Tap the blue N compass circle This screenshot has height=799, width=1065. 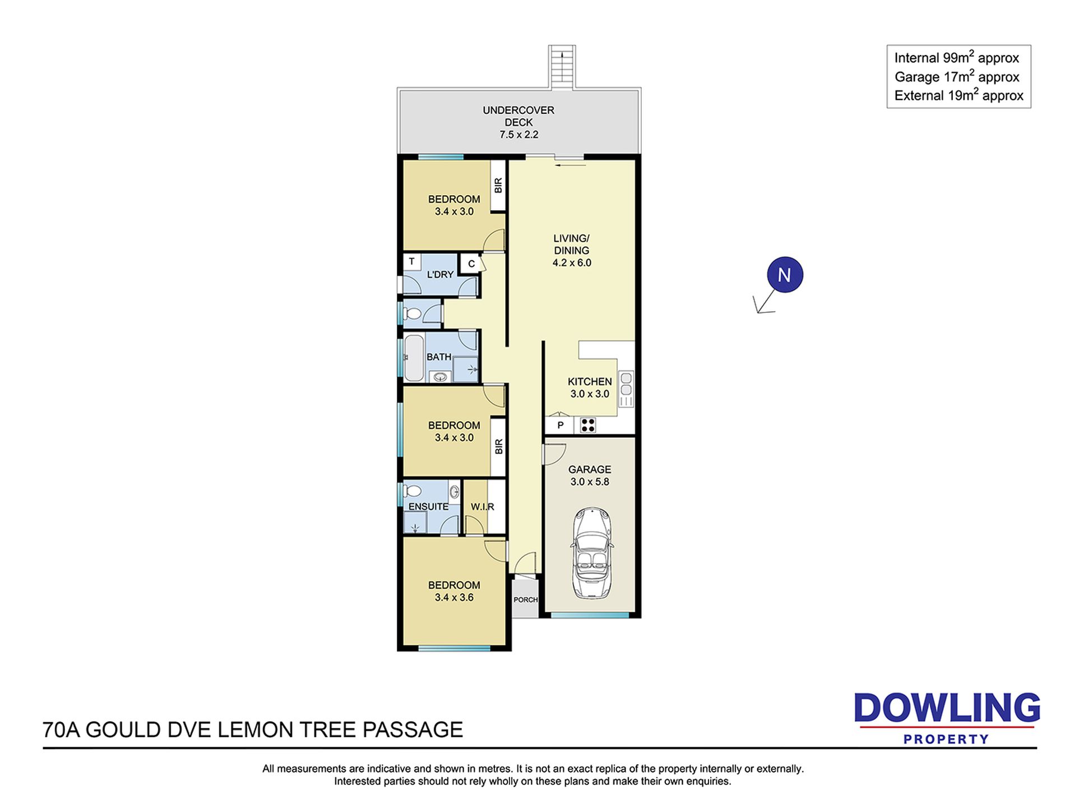point(785,275)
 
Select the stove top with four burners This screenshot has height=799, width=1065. point(588,426)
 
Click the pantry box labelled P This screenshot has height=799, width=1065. point(560,426)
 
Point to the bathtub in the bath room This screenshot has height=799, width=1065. point(414,357)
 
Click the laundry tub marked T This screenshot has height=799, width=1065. point(412,261)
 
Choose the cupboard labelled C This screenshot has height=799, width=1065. point(471,264)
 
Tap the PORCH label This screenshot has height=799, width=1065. point(526,599)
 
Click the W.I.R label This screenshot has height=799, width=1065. point(483,507)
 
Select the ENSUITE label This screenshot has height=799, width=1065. point(429,506)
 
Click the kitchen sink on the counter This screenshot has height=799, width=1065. point(626,384)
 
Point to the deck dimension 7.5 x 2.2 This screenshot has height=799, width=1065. point(519,135)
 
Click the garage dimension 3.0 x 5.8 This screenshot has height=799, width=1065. point(590,482)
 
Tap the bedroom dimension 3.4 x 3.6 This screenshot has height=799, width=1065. point(454,597)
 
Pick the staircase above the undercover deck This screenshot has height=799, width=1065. point(562,66)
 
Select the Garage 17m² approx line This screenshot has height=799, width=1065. point(957,76)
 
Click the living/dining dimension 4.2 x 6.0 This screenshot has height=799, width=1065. point(572,262)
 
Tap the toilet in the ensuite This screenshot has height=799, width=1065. point(412,491)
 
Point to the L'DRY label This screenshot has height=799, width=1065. point(440,274)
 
